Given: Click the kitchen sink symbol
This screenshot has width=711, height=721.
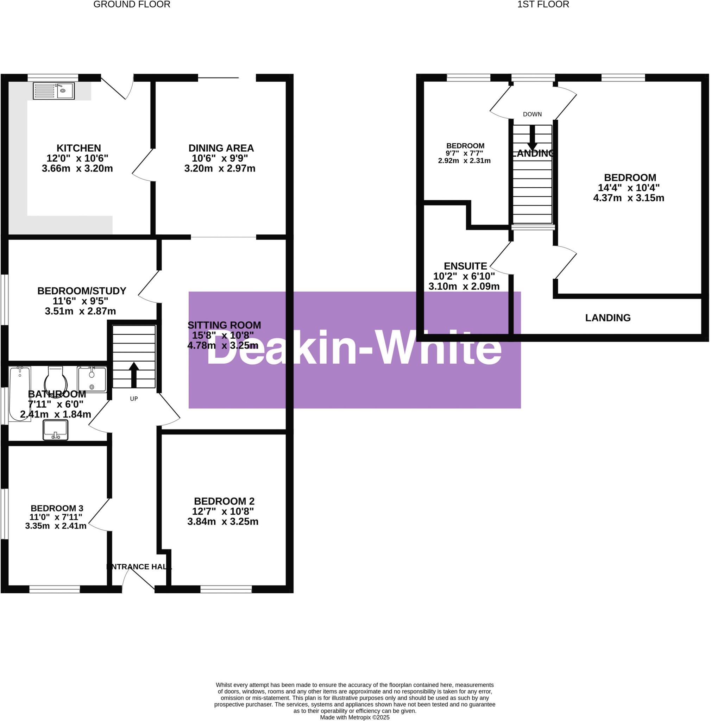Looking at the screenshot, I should coord(54,91).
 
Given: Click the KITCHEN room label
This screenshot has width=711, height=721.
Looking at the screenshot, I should coord(79,148).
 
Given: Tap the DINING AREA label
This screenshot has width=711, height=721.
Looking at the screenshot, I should coord(221,148).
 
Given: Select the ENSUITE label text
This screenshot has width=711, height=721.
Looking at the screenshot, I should coord(465,266).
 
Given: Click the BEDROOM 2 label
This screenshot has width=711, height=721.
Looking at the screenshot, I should coord(224,501).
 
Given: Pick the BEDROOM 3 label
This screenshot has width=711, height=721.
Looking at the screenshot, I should coord(57,508).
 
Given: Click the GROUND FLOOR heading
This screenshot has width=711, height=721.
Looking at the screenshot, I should coord(132,5).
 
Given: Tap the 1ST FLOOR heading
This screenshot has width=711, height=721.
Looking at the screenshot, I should coord(543,5).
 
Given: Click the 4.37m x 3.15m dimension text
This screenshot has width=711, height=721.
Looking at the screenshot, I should coord(628,198).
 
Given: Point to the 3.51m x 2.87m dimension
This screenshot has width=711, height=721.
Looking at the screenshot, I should coord(80,311).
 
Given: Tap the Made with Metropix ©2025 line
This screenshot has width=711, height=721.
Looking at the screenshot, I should coord(354,717).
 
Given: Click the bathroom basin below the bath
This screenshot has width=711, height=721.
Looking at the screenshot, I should coord(56,430).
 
